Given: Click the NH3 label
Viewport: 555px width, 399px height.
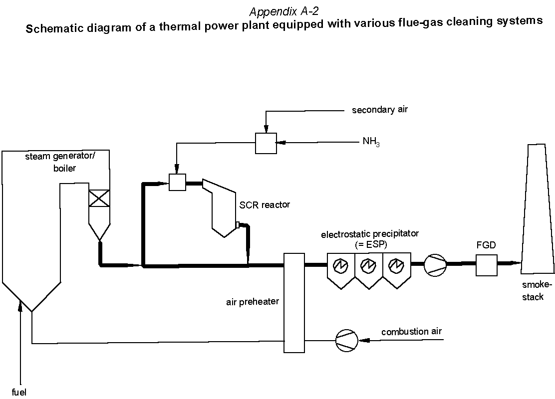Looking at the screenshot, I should (x=371, y=142).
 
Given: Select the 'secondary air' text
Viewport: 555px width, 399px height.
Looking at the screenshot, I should (x=380, y=110).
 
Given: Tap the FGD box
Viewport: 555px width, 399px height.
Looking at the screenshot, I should (x=486, y=265).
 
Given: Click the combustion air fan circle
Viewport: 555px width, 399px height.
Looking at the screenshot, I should (x=345, y=341).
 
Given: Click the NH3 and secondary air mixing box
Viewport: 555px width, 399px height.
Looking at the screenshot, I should (x=266, y=143).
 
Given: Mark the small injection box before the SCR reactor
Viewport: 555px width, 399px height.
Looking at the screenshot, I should (x=177, y=182).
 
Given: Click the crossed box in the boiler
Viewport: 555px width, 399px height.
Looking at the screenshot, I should (x=99, y=198).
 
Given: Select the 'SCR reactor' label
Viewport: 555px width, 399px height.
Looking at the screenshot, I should (x=265, y=204).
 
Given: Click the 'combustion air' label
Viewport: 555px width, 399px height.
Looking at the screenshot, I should (x=411, y=332).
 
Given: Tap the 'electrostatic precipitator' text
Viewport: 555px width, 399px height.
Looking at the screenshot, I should (x=370, y=233).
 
